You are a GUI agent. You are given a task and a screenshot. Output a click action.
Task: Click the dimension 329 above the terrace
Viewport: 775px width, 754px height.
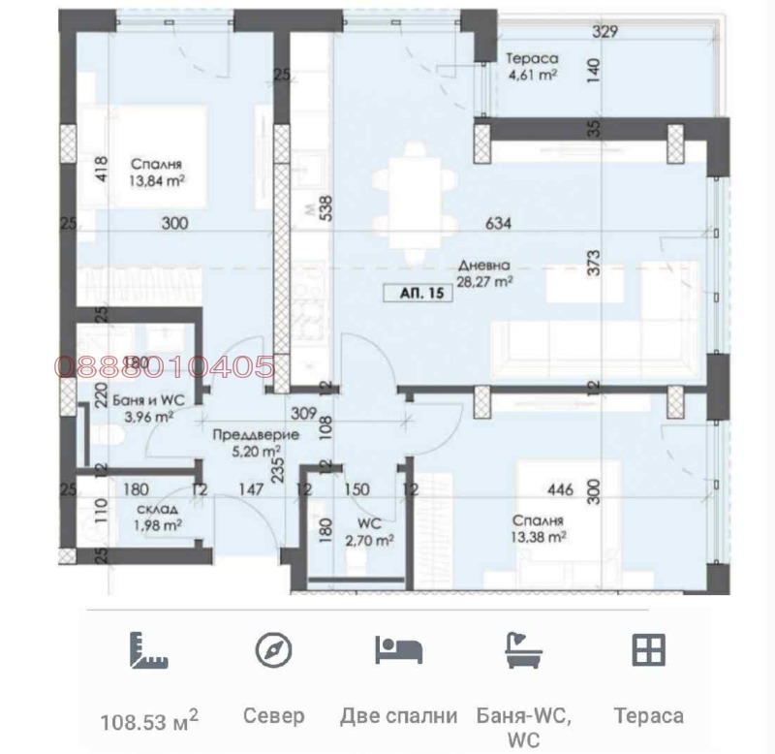click(x=605, y=31)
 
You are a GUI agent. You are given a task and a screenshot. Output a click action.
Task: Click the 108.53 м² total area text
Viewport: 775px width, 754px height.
click(x=149, y=719)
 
